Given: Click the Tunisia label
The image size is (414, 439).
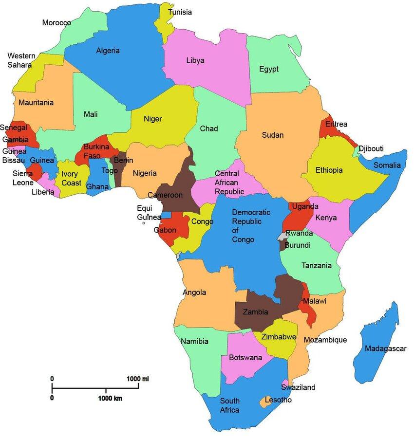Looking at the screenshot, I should click(180, 12).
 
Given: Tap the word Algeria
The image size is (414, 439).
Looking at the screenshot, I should click(108, 51).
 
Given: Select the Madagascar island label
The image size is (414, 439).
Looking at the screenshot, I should click(385, 348).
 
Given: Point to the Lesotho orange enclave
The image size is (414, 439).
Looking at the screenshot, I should click(266, 402).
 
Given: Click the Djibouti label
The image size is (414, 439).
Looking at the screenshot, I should click(371, 148).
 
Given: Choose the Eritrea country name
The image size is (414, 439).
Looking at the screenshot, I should click(336, 125).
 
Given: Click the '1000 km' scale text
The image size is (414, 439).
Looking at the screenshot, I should click(110, 398).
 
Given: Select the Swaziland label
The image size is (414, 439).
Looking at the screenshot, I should click(298, 387).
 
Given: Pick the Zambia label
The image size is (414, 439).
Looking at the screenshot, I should click(255, 312).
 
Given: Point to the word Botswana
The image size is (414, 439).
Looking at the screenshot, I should click(245, 358).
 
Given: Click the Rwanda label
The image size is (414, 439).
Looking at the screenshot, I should click(299, 233).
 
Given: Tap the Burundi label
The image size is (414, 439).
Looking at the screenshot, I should click(298, 245).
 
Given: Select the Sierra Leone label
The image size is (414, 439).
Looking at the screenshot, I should click(23, 178).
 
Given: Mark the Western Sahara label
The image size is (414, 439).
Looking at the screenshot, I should click(19, 60).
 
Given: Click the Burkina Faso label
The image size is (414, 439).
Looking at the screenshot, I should click(96, 151).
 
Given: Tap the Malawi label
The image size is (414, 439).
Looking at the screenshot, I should click(315, 302).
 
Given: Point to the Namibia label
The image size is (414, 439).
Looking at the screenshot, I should click(194, 341).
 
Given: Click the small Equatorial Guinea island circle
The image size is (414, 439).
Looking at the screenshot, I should click(143, 223).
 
